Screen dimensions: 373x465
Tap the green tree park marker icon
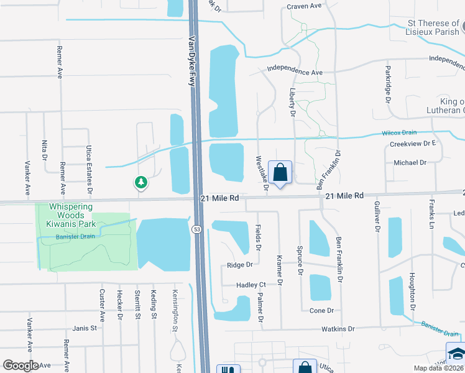(x=141, y=182)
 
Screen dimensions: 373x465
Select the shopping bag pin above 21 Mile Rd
(x=280, y=172)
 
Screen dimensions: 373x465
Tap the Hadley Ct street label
(x=251, y=285)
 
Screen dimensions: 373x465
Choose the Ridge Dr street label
(x=239, y=265)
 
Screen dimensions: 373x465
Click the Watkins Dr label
(x=338, y=329)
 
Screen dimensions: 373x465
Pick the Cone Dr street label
(x=321, y=310)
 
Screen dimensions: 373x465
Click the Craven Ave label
(x=303, y=7)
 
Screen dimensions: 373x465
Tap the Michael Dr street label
(x=410, y=162)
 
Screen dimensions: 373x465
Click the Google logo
(x=21, y=366)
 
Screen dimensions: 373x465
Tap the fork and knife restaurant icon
(x=224, y=369)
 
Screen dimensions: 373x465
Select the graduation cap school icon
(x=455, y=352)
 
